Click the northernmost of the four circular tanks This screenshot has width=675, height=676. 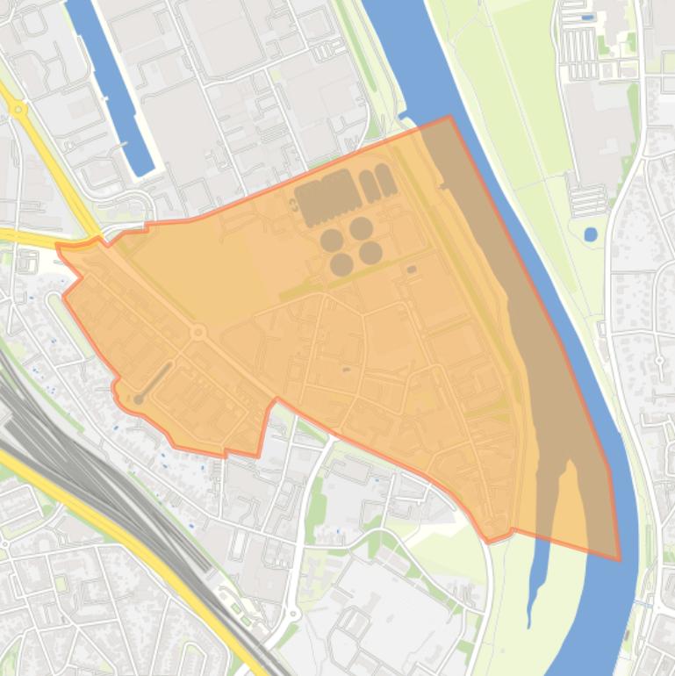(x=361, y=229)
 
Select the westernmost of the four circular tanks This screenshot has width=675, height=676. (x=331, y=240)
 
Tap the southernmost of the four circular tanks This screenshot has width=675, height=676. (x=341, y=264)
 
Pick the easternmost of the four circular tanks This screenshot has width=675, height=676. (x=370, y=253)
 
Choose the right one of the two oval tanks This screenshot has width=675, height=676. (x=384, y=179)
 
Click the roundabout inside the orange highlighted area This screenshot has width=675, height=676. (x=198, y=332)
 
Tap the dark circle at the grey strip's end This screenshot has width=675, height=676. (x=138, y=400)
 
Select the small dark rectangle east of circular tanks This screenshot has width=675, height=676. (x=412, y=270)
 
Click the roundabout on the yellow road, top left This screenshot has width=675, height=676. (x=18, y=110)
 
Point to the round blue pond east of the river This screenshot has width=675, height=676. (x=590, y=234)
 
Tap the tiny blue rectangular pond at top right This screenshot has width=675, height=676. (x=587, y=17)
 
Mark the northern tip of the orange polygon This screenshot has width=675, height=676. (x=449, y=117)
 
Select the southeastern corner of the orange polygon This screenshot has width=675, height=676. (x=619, y=559)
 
